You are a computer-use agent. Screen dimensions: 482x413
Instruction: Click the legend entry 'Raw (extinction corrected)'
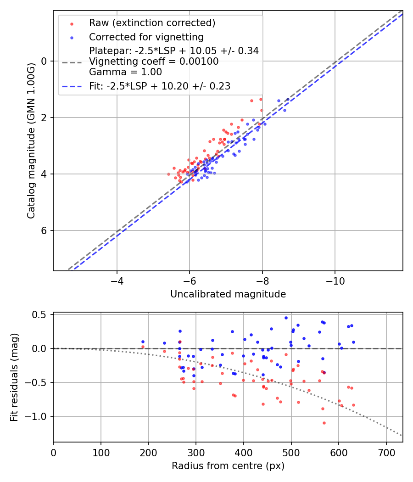[152, 23]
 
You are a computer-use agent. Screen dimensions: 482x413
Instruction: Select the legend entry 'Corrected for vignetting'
[146, 37]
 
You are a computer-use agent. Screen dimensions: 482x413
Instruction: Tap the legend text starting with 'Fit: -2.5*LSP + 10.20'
[160, 86]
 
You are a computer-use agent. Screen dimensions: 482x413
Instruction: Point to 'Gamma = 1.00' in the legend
[125, 72]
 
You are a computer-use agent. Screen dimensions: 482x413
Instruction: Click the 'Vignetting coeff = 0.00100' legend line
[154, 61]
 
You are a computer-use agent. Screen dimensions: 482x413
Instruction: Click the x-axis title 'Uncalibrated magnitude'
[228, 294]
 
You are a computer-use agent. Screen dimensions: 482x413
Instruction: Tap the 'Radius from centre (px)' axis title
[228, 466]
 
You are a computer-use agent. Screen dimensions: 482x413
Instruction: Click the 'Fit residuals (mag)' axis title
[14, 377]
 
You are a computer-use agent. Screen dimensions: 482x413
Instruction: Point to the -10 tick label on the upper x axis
[335, 280]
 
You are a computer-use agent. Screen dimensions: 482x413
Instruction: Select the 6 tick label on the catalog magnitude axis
[45, 230]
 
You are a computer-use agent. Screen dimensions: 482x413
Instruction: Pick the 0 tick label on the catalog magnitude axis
[45, 61]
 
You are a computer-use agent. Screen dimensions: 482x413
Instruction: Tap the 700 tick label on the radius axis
[386, 452]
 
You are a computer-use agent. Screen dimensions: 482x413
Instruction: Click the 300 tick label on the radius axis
[196, 452]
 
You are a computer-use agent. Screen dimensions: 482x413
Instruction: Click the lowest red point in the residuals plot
[324, 423]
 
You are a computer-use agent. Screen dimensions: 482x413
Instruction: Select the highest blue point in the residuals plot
[286, 318]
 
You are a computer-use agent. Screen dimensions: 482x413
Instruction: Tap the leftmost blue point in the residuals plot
[143, 342]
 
